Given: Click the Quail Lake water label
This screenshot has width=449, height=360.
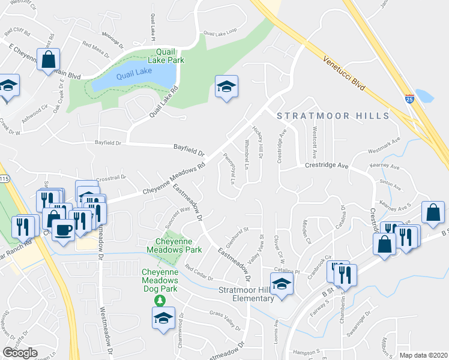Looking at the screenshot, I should pyautogui.click(x=134, y=75).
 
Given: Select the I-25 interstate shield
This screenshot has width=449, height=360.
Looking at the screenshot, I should pyautogui.click(x=409, y=99).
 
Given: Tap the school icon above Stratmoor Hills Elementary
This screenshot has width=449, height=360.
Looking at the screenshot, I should pyautogui.click(x=280, y=283).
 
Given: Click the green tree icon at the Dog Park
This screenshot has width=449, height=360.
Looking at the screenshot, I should pyautogui.click(x=160, y=299).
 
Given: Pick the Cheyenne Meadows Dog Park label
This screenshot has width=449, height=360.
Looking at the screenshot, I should pyautogui.click(x=160, y=280).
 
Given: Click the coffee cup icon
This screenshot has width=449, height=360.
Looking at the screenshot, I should pyautogui.click(x=64, y=229).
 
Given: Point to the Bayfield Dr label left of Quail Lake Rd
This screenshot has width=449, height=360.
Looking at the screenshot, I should pyautogui.click(x=108, y=143).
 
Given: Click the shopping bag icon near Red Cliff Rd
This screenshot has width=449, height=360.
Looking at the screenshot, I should pyautogui.click(x=48, y=60).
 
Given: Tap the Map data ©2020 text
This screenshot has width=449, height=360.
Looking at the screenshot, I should pyautogui.click(x=423, y=355).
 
